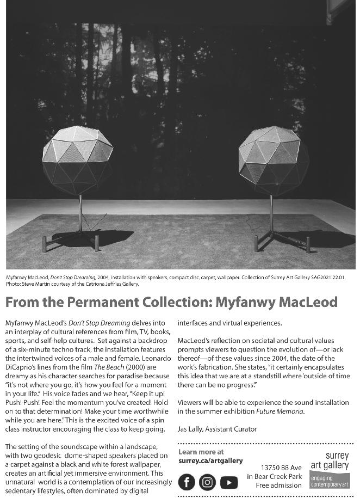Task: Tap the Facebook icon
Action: [187, 482]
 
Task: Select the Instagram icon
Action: [207, 482]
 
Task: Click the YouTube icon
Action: [228, 482]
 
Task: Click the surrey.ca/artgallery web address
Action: [210, 460]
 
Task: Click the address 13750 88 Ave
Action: [281, 468]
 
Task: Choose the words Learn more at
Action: [201, 452]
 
